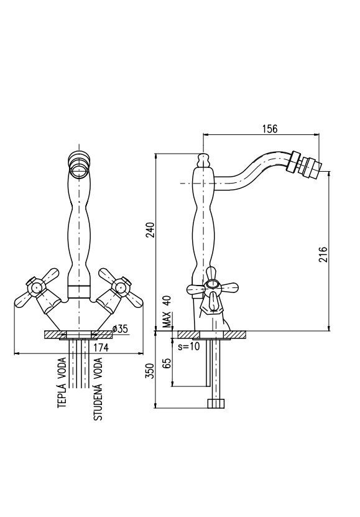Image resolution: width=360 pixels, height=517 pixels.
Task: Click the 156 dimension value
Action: (270, 129)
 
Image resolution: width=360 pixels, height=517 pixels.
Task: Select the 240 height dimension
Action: (150, 230)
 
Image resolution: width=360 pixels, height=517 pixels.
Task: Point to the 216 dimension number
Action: (323, 254)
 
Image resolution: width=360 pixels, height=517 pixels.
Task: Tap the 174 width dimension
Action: (101, 347)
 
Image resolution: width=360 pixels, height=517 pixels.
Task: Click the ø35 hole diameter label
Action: (119, 328)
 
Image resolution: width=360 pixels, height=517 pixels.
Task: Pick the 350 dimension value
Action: (150, 371)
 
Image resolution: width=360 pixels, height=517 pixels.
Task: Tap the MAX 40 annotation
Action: (168, 311)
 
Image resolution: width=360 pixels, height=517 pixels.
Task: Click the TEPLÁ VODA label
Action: (63, 383)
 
